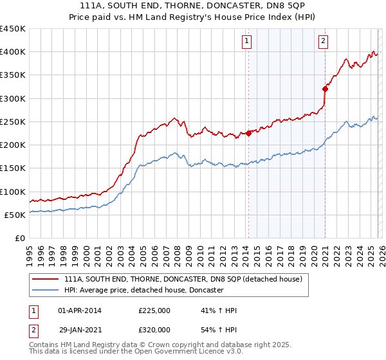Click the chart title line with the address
pos(193,6)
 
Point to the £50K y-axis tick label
pos(15,215)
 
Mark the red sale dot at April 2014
pos(248,134)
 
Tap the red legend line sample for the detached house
pos(46,279)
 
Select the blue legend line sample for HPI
pos(46,291)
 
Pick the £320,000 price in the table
pos(154,329)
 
